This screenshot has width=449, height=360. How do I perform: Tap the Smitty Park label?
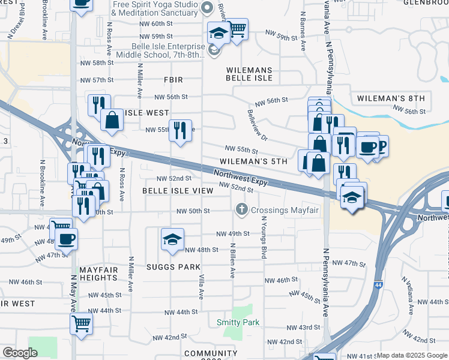238,322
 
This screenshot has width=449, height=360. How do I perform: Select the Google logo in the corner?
20,353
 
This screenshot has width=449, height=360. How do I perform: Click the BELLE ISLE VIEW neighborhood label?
178,190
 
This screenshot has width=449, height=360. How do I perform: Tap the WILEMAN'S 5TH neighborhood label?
254,161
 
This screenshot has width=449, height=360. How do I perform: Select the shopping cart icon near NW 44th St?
81,324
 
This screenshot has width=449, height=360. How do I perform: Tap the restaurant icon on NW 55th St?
180,130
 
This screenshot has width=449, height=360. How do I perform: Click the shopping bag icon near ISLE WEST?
112,119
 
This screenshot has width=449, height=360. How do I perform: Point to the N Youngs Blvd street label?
263,237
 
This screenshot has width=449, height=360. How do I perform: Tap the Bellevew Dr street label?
257,122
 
